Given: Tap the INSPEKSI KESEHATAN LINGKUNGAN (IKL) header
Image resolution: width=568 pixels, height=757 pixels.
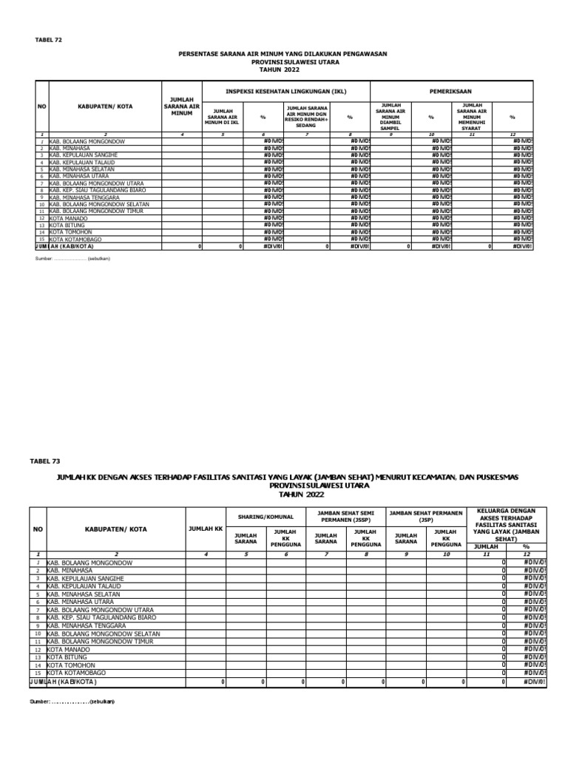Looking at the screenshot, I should click(285, 92).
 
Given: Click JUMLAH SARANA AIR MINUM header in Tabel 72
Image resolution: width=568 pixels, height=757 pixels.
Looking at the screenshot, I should click(181, 106).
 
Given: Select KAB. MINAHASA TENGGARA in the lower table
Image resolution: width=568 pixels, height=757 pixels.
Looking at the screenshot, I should click(83, 625).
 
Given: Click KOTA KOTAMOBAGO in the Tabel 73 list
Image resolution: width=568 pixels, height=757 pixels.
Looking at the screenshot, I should click(76, 673).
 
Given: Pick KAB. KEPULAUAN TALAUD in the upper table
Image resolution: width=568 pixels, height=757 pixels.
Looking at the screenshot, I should click(82, 163).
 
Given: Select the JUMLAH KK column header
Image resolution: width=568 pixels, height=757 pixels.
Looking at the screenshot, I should click(206, 529).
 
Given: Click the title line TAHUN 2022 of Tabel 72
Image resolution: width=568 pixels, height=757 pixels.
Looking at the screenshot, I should click(284, 69).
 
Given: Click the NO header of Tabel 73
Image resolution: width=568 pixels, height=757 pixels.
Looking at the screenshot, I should click(38, 529).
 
